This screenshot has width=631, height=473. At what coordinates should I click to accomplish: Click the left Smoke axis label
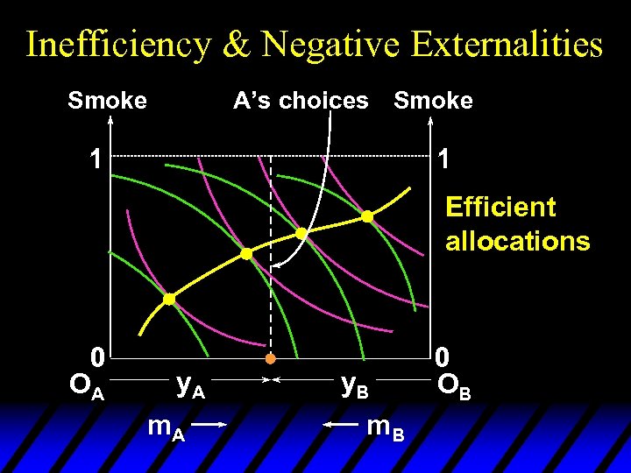coord(107,101)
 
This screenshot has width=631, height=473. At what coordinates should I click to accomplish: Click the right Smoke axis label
coord(433,101)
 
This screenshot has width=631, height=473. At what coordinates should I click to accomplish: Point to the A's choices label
coord(301,101)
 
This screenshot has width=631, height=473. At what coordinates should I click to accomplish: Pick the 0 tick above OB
coord(443,357)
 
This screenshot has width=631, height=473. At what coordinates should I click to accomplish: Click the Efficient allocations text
coord(517,224)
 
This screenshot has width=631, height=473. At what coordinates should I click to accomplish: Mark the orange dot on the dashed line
coord(271,359)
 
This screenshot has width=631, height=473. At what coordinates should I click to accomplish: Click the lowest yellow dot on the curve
coord(169,299)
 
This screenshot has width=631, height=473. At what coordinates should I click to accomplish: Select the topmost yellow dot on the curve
coord(367,215)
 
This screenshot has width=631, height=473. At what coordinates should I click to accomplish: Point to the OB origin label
coord(455,386)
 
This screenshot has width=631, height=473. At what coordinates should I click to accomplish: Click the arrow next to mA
coord(209,425)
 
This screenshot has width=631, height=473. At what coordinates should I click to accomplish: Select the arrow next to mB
coord(341,425)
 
